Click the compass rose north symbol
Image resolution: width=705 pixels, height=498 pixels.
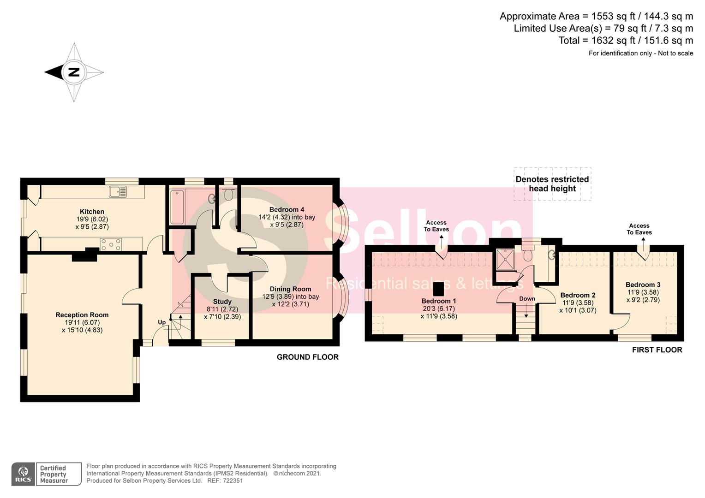click(74, 72)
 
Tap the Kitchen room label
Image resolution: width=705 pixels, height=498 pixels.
click(92, 212)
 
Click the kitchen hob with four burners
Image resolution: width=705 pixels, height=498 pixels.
click(111, 244)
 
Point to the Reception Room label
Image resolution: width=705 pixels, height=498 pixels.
click(82, 315)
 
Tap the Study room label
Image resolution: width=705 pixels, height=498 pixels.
click(222, 302)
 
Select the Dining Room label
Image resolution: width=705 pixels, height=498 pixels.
click(290, 289)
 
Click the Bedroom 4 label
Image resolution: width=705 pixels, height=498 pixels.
click(287, 209)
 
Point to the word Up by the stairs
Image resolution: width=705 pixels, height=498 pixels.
click(161, 322)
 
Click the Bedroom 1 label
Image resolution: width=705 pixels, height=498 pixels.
click(438, 301)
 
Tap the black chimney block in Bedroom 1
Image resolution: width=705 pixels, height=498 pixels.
click(438, 289)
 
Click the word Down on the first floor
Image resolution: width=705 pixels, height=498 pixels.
click(527, 299)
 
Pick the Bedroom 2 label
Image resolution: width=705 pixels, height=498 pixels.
click(578, 295)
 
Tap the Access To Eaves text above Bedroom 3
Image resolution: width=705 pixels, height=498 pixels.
click(639, 229)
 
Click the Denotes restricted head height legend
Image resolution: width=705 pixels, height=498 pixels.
click(552, 184)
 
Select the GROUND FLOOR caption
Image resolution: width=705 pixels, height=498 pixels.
click(307, 357)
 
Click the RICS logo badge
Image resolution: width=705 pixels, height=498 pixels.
click(23, 474)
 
